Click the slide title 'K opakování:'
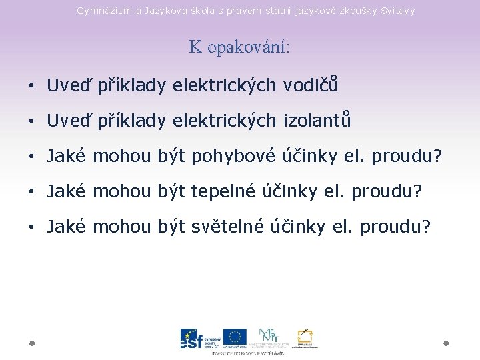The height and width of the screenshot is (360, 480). point(240,47)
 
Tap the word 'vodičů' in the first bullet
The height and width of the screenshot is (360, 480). point(311,85)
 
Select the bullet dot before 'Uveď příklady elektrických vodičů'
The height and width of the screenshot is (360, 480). point(31,86)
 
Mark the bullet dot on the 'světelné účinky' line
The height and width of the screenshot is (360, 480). point(31,227)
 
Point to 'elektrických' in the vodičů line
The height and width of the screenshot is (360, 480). point(224,85)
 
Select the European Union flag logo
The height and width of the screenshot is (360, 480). point(235,337)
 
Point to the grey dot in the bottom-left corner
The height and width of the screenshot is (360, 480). point(31,343)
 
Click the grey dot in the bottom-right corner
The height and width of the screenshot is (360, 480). point(446,343)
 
